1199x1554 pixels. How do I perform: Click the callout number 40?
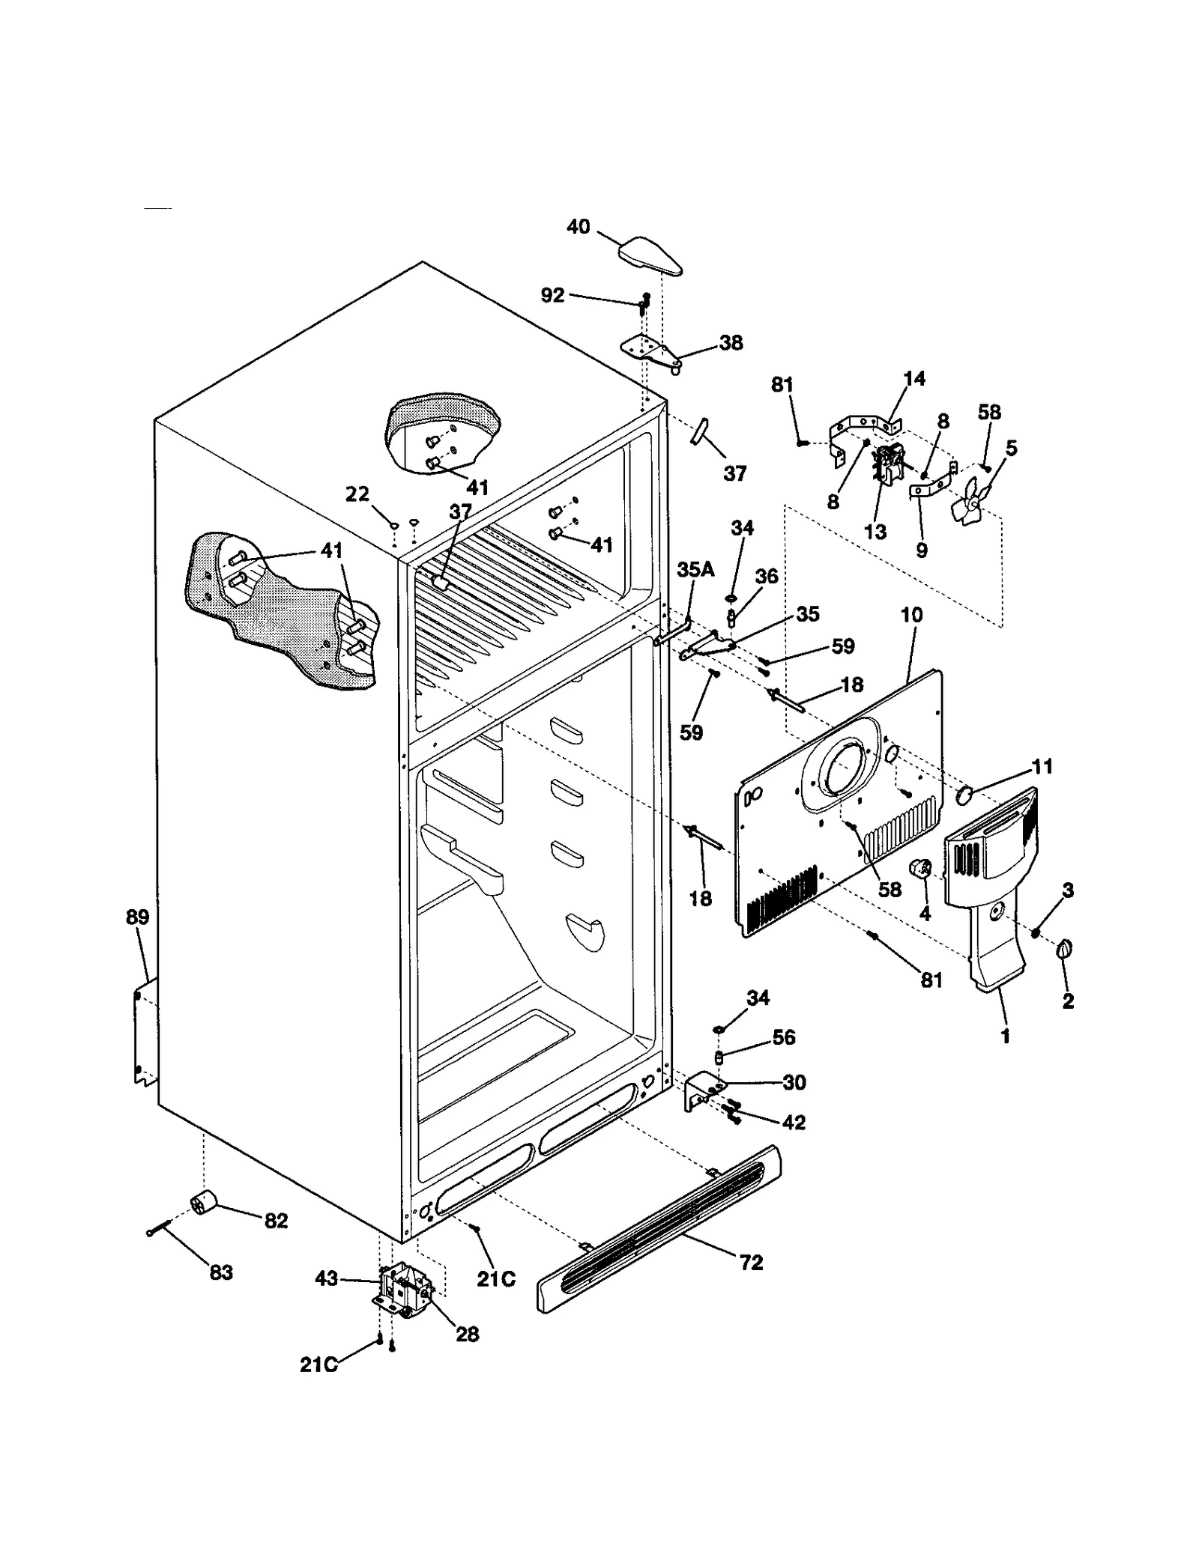tap(578, 226)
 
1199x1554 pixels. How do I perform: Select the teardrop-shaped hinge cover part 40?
tap(650, 255)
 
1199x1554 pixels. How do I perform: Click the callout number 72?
tap(751, 1262)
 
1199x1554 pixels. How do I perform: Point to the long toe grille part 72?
tap(659, 1228)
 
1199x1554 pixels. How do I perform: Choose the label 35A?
tap(695, 569)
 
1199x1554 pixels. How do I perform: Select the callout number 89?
tap(137, 917)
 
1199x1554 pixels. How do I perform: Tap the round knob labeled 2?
tap(1065, 950)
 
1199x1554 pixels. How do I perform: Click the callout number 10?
tap(911, 615)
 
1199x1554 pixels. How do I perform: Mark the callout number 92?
tap(552, 295)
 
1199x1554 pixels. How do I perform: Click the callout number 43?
tap(327, 1278)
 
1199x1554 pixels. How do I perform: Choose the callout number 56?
tap(784, 1036)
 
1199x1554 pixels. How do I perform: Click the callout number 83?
tap(221, 1272)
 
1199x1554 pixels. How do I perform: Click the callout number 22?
tap(357, 494)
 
